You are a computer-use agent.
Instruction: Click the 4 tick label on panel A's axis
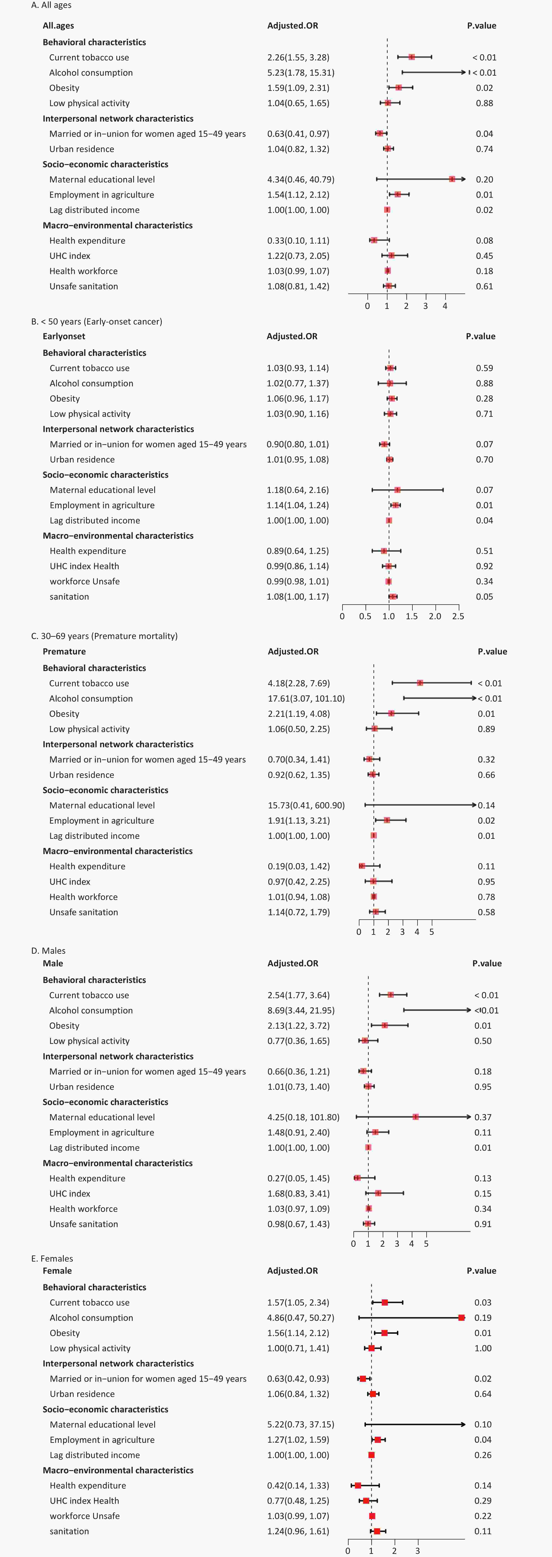tap(445, 306)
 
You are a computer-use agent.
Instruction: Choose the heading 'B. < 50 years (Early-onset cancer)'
tap(97, 322)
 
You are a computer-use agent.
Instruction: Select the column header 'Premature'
tap(64, 652)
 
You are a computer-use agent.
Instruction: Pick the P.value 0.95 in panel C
tap(486, 881)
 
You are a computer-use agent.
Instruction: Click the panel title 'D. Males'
tap(48, 951)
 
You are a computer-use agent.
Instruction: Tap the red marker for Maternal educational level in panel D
tap(415, 1117)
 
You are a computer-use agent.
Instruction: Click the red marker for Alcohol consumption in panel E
tap(461, 1318)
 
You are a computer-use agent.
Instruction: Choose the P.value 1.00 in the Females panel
tap(482, 1348)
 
